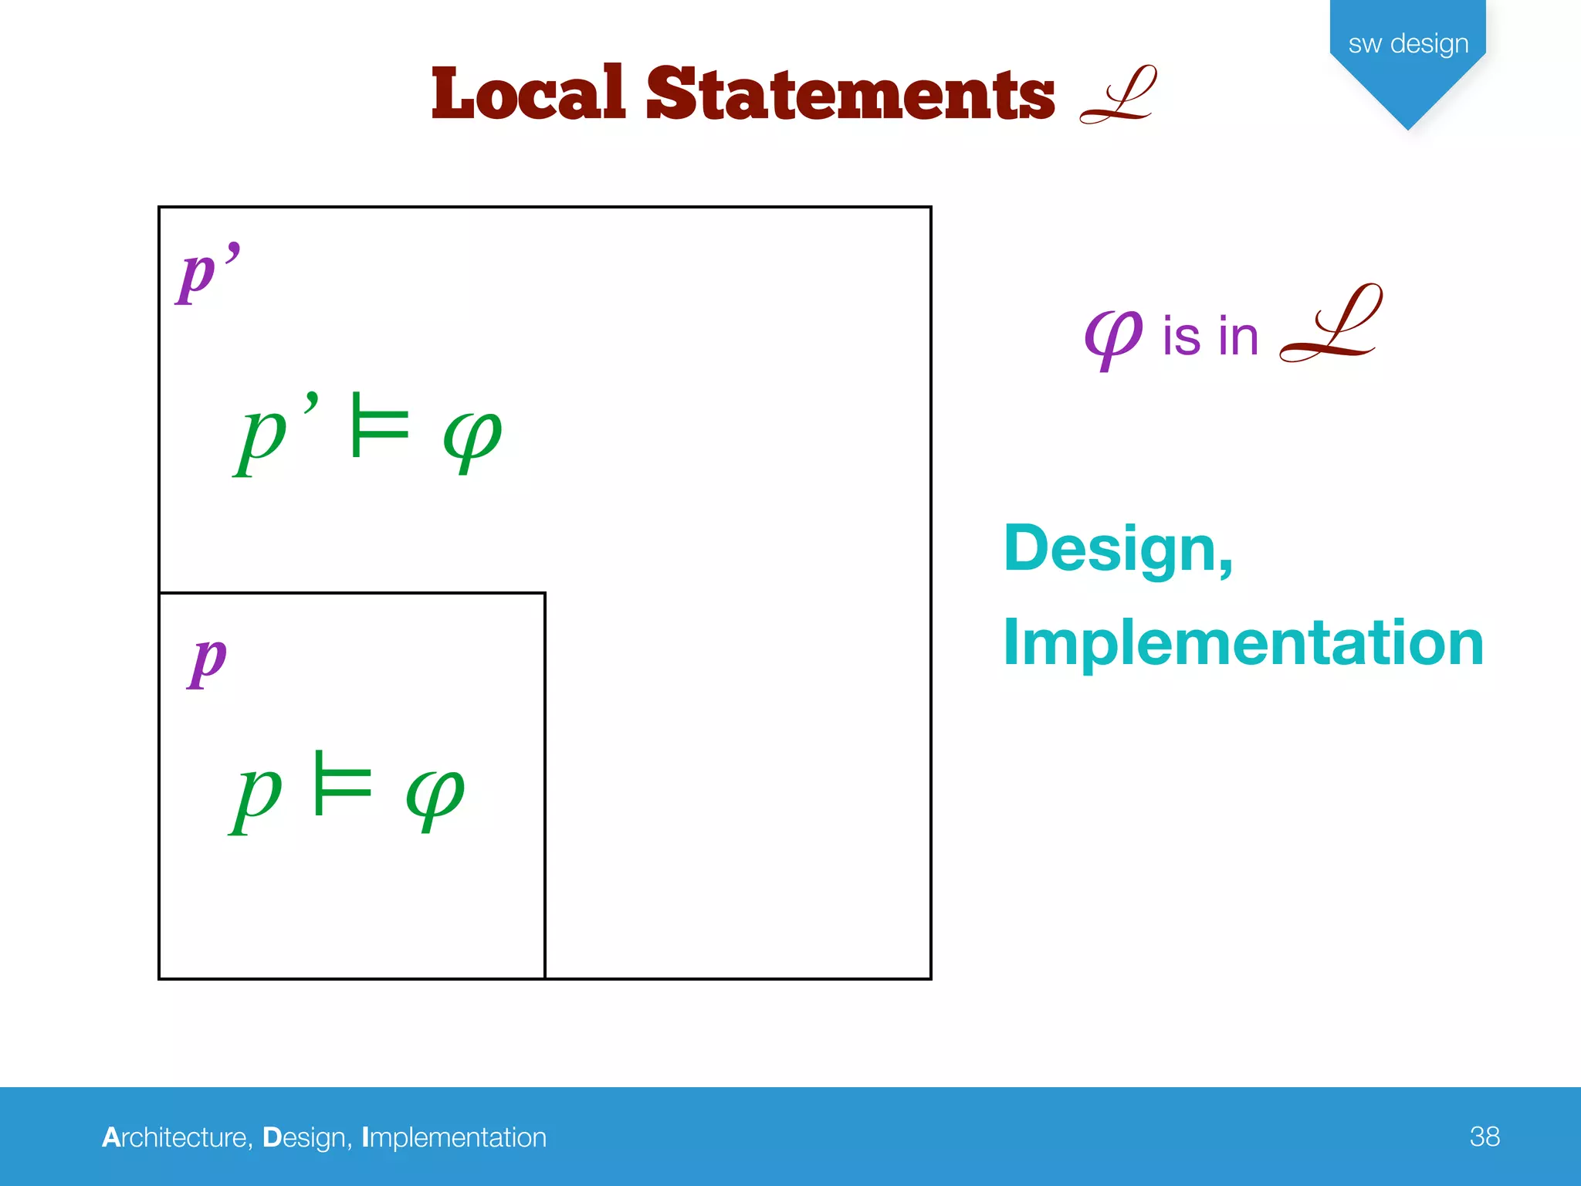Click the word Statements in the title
coord(850,94)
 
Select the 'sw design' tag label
coord(1408,44)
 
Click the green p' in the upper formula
coord(274,434)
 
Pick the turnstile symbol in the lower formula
coord(343,784)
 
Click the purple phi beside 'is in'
coord(1112,337)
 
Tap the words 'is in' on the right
coord(1210,337)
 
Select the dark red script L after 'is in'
coord(1330,324)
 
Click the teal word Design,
coord(1118,550)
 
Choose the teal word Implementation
coord(1243,643)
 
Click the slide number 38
coord(1484,1137)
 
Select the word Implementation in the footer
coord(454,1137)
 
